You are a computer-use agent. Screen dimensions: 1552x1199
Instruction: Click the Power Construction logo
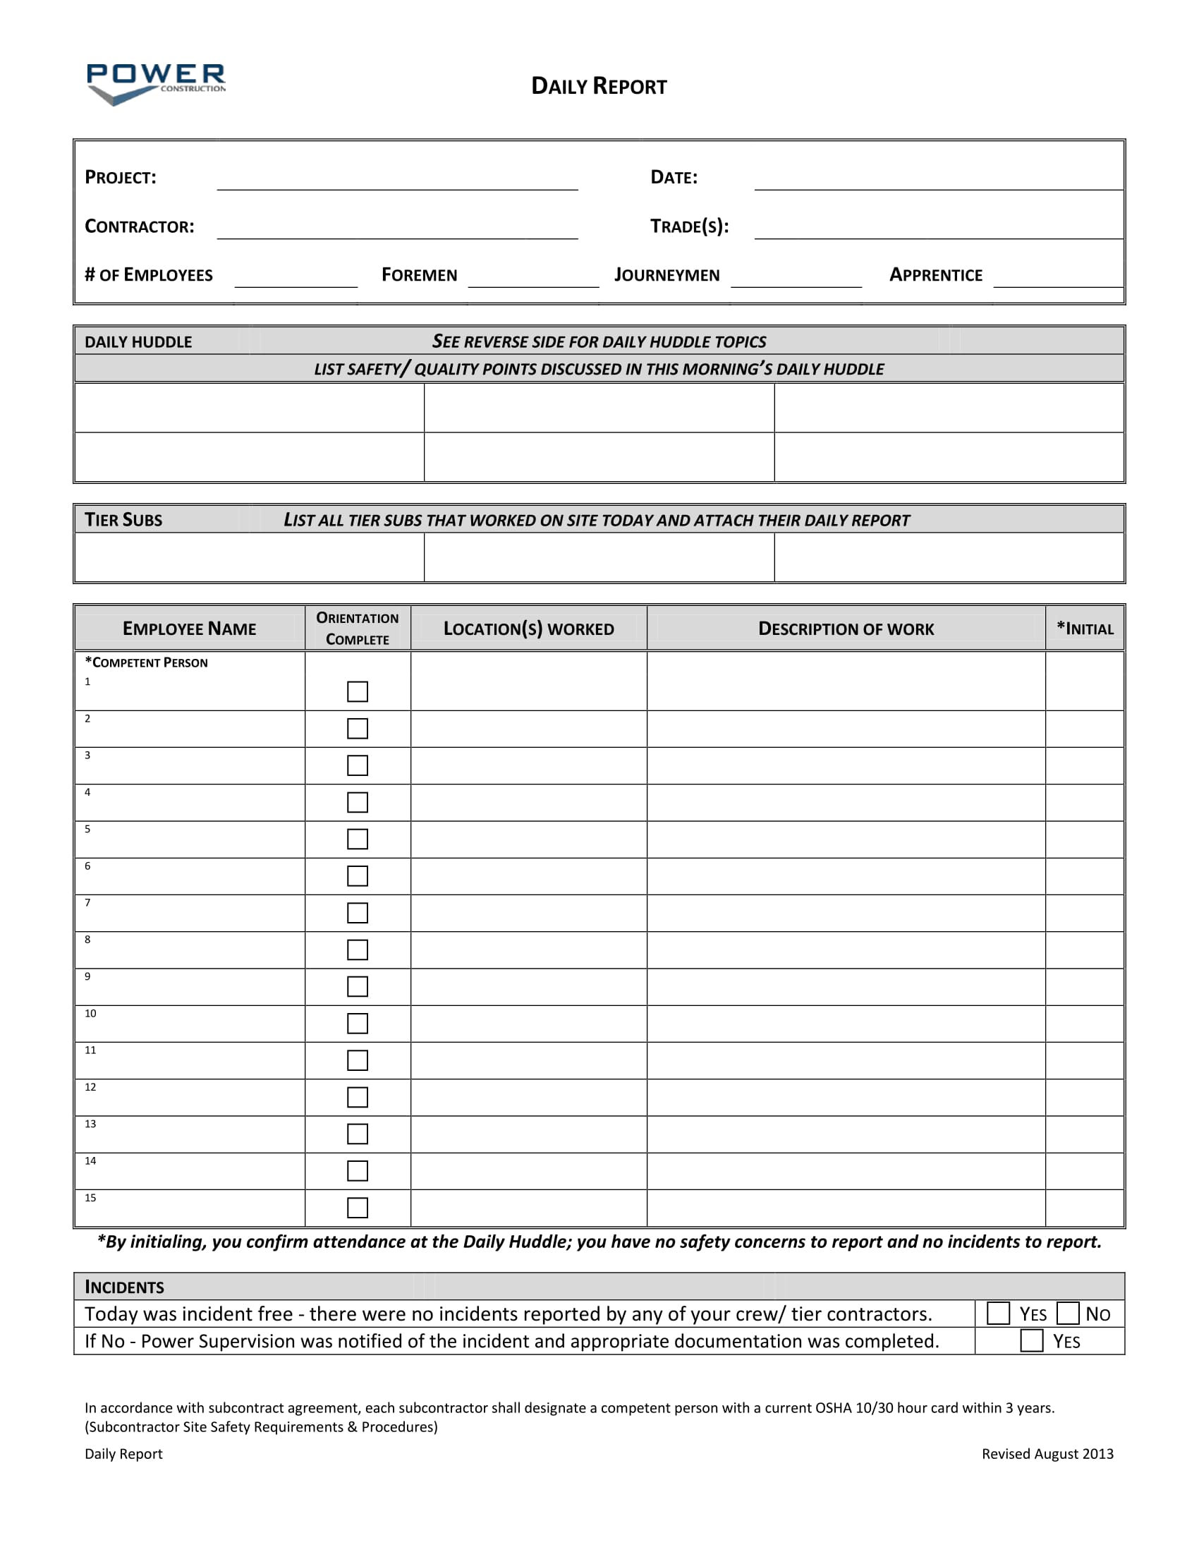156,83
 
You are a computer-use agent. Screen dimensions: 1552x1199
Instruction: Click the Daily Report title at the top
599,86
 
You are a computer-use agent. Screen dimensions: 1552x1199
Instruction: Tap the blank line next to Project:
397,181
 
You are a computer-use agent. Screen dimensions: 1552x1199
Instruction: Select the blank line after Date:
937,181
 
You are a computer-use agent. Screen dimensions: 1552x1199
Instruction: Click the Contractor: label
139,226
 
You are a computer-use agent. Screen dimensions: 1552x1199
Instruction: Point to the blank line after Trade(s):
937,229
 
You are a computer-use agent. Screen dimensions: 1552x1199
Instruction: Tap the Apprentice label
935,275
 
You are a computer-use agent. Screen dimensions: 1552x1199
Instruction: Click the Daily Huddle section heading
138,342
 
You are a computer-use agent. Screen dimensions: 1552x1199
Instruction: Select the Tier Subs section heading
123,520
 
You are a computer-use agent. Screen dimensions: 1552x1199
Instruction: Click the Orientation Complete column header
358,628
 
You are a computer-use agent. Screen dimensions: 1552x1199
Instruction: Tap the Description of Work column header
845,629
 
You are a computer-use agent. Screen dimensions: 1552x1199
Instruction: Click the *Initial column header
1085,628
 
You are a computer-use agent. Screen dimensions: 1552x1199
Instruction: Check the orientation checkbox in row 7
358,913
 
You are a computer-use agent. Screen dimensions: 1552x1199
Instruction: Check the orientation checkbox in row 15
358,1208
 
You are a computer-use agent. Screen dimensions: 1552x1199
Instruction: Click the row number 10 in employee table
90,1013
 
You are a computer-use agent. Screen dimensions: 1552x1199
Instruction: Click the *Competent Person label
146,662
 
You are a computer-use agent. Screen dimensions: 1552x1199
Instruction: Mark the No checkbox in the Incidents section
1068,1314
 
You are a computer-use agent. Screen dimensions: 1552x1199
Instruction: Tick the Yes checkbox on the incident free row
998,1314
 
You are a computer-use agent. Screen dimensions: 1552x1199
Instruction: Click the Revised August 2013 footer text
1047,1454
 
